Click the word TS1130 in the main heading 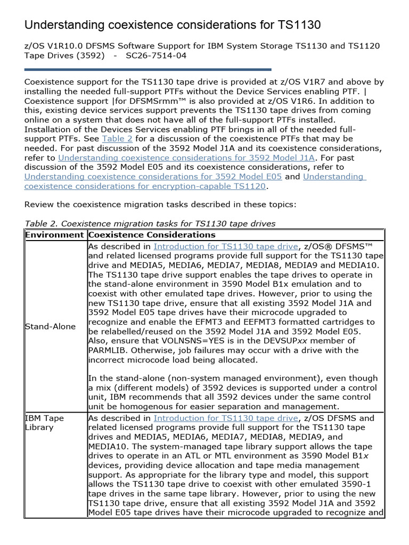[x=299, y=25]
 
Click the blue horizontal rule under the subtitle [x=148, y=69]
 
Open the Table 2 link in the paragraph [x=117, y=138]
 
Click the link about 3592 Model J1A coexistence [x=187, y=158]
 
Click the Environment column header [x=55, y=235]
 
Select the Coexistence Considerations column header [x=152, y=235]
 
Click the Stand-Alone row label [x=51, y=326]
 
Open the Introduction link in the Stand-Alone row [x=226, y=246]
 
